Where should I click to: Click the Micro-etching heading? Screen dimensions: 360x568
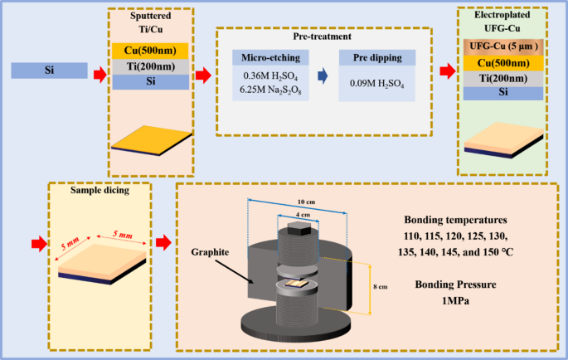[270, 57]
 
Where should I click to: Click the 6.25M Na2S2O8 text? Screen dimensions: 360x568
[270, 89]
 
